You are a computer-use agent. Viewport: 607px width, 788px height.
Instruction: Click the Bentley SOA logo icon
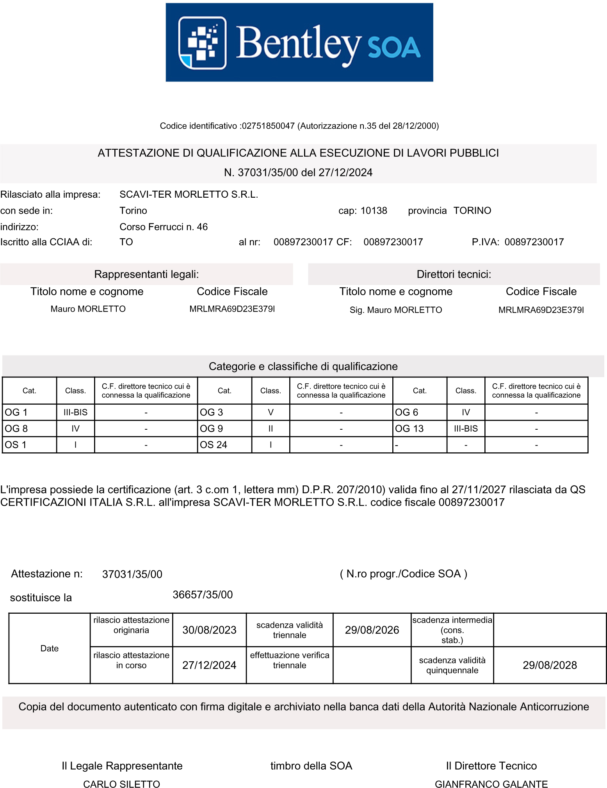[202, 43]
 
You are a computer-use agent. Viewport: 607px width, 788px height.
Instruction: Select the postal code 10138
[374, 211]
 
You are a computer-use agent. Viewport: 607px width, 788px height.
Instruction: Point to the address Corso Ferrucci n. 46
[164, 227]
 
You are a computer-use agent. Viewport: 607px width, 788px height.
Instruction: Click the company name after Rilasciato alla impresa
[189, 195]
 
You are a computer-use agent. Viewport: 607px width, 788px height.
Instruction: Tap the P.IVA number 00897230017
[534, 242]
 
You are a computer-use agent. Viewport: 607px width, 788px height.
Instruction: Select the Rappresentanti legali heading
[146, 274]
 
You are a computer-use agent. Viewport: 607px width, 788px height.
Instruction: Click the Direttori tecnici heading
[454, 274]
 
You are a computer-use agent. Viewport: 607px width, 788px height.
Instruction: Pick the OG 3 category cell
[224, 412]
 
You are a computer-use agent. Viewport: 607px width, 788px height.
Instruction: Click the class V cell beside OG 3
[271, 412]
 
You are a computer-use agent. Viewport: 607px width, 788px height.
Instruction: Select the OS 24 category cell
[224, 445]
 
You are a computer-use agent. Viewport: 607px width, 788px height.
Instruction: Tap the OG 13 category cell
[419, 429]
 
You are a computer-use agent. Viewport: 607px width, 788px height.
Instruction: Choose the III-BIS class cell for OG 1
[75, 412]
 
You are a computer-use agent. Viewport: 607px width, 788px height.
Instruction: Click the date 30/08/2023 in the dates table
[209, 630]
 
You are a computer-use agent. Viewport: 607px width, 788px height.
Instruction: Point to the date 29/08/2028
[550, 665]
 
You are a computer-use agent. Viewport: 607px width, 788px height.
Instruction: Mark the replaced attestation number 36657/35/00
[203, 595]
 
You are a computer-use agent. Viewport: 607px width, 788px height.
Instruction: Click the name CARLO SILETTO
[121, 784]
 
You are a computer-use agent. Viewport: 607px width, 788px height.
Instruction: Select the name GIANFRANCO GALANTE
[491, 784]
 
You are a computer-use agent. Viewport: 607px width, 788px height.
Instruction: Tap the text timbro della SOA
[311, 766]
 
